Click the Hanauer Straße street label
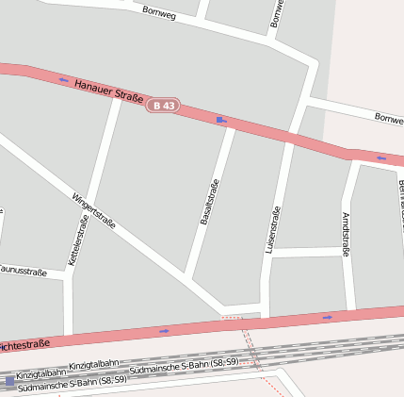108,90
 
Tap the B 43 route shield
164,105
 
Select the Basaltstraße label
209,201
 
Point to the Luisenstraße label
274,228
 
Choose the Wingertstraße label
93,211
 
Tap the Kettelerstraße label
78,241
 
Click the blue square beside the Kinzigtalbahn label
9,381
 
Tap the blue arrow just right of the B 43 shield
221,119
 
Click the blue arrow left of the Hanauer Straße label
63,79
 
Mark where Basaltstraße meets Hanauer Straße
233,123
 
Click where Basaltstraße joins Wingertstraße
188,280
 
